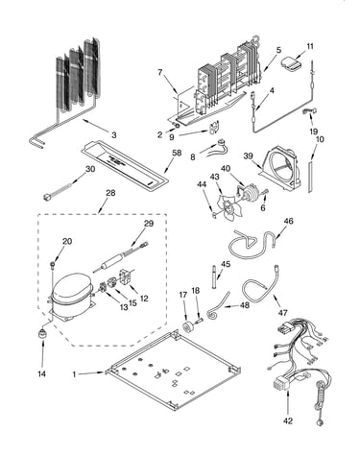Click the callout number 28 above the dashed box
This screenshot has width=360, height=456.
click(110, 193)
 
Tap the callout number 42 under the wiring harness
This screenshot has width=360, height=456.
click(288, 421)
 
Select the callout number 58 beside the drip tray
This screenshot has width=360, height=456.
click(177, 153)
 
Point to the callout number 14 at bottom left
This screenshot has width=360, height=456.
click(41, 373)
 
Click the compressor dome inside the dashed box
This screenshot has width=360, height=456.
click(71, 287)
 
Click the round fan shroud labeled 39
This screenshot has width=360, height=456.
click(280, 169)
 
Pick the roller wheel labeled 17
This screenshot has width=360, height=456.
click(187, 327)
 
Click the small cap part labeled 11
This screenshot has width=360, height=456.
click(291, 63)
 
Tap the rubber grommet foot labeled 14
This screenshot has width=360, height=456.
click(42, 334)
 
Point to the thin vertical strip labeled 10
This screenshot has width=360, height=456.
click(310, 177)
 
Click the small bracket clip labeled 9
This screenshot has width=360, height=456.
click(213, 128)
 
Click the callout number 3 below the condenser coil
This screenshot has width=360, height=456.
click(114, 135)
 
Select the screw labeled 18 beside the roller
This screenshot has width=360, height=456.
click(201, 320)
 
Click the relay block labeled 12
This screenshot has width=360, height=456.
click(125, 276)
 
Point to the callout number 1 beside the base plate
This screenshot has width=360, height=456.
click(74, 374)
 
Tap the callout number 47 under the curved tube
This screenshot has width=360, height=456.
click(283, 312)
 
